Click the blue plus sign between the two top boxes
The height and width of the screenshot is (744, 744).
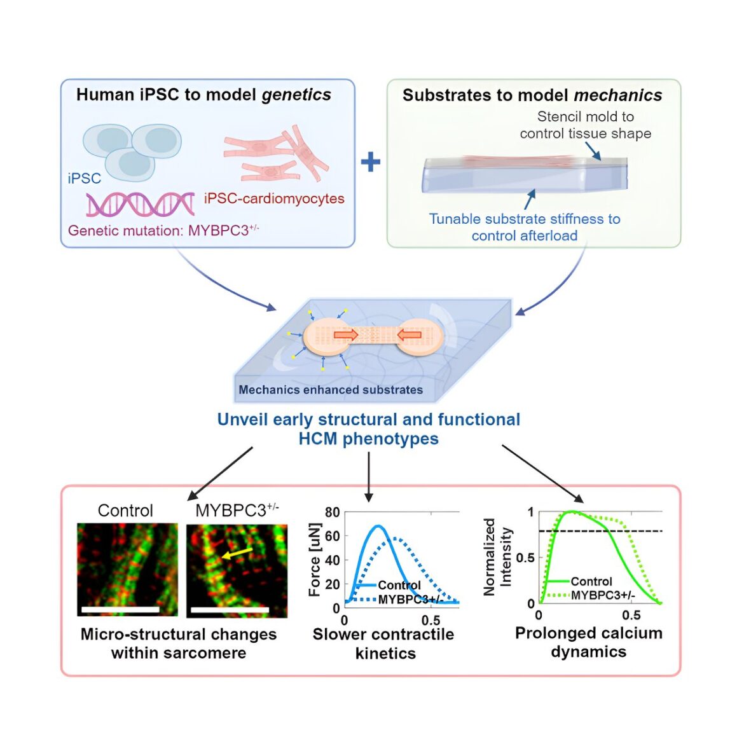pos(371,162)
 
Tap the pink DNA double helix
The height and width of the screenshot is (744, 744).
pos(141,204)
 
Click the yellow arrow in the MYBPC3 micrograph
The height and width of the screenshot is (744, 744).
pos(237,553)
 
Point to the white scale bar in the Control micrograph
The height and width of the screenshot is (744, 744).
pos(121,609)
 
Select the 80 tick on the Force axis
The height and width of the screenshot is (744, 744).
pos(332,513)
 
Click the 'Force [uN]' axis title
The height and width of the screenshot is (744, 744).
pos(315,560)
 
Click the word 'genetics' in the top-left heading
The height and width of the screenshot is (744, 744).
pos(296,95)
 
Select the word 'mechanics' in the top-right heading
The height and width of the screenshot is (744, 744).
pos(618,95)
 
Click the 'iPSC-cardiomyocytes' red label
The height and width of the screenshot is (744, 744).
pos(274,198)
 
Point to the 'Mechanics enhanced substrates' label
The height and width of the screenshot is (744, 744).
pos(331,390)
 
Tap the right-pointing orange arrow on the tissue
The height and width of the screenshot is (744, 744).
pos(346,335)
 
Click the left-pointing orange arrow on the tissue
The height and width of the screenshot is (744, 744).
pos(409,335)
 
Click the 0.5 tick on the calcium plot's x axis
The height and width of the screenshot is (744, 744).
pos(631,616)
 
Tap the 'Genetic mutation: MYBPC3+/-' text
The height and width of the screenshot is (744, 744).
pos(163,230)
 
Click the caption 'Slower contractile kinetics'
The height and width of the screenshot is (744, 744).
pos(383,644)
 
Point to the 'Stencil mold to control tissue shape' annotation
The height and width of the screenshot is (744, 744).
pos(586,125)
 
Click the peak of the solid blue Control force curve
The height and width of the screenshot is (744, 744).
pos(378,526)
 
